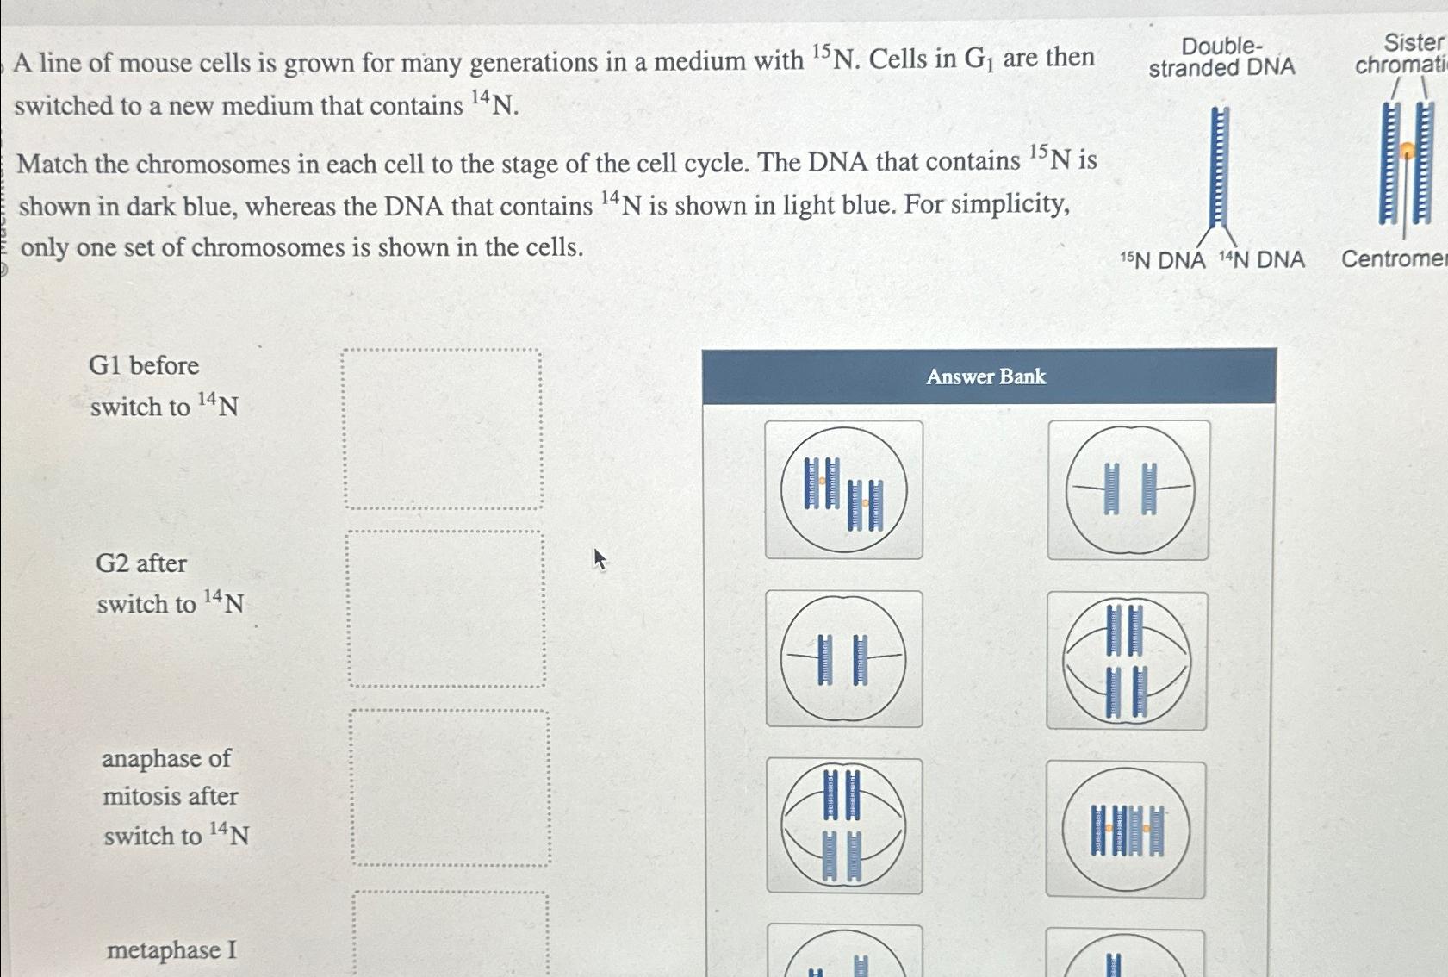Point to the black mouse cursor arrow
pyautogui.click(x=600, y=559)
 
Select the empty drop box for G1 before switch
pyautogui.click(x=443, y=429)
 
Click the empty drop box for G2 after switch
pyautogui.click(x=446, y=608)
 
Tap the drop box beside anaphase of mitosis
pyautogui.click(x=450, y=787)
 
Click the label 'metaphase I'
pyautogui.click(x=171, y=949)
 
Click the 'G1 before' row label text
pyautogui.click(x=144, y=365)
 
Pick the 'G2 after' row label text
pyautogui.click(x=141, y=563)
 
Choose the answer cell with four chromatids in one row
pyautogui.click(x=1126, y=830)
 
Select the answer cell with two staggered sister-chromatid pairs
pyautogui.click(x=844, y=490)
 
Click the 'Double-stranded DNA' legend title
pyautogui.click(x=1221, y=57)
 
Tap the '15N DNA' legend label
pyautogui.click(x=1162, y=260)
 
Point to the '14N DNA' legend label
pyautogui.click(x=1262, y=259)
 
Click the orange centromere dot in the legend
pyautogui.click(x=1408, y=152)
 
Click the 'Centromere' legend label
pyautogui.click(x=1394, y=258)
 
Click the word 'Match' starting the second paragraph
pyautogui.click(x=52, y=164)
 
